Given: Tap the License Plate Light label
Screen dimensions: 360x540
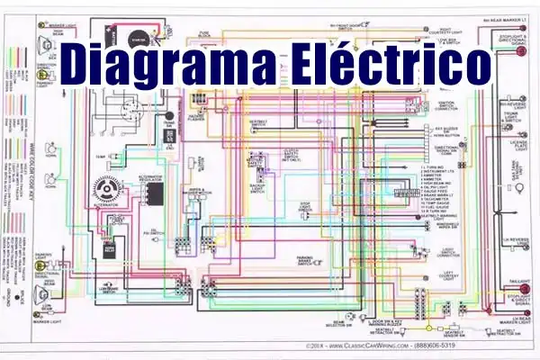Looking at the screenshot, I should point(518,146).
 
